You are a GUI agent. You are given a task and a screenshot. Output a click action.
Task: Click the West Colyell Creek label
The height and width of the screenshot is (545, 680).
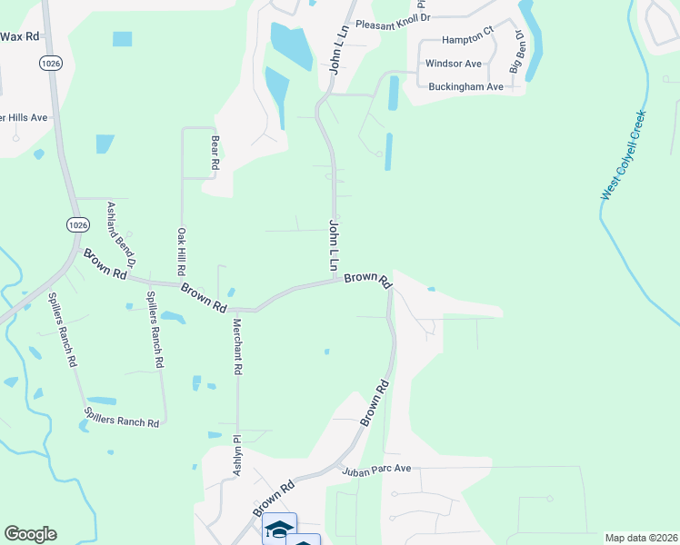pyautogui.click(x=624, y=155)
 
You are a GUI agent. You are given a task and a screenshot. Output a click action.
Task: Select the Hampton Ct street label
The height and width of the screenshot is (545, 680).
pyautogui.click(x=467, y=41)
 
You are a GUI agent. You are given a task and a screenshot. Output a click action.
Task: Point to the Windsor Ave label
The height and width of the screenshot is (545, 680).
pyautogui.click(x=454, y=64)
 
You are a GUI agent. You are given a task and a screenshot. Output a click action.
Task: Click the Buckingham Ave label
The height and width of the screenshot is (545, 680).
pyautogui.click(x=465, y=87)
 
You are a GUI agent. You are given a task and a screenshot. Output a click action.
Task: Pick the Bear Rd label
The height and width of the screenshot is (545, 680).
pyautogui.click(x=215, y=153)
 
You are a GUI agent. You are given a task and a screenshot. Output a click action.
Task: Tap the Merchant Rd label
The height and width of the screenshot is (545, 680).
pyautogui.click(x=236, y=347)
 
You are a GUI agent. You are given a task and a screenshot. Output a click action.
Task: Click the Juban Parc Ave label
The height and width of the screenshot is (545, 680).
pyautogui.click(x=377, y=470)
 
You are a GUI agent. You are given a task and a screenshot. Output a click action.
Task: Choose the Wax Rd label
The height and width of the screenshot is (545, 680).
pyautogui.click(x=20, y=36)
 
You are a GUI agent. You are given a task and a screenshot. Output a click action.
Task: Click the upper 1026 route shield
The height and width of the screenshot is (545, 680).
pyautogui.click(x=50, y=63)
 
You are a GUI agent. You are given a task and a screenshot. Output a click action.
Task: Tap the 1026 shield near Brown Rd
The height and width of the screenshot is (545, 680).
pyautogui.click(x=77, y=224)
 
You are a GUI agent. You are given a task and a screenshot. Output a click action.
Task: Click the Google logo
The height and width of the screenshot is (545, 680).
pyautogui.click(x=30, y=534)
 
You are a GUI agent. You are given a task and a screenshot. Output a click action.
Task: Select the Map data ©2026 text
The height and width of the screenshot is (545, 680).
pyautogui.click(x=642, y=538)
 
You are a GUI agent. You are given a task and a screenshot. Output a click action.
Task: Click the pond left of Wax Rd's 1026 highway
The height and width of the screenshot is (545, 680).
pyautogui.click(x=122, y=39)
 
